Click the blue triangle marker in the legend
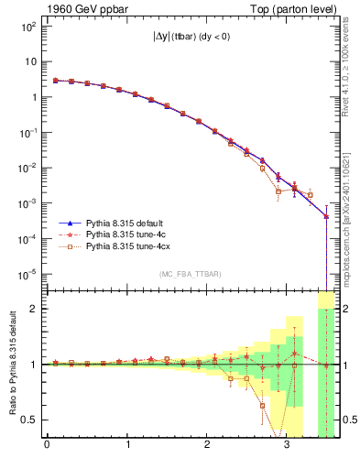[69, 223]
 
